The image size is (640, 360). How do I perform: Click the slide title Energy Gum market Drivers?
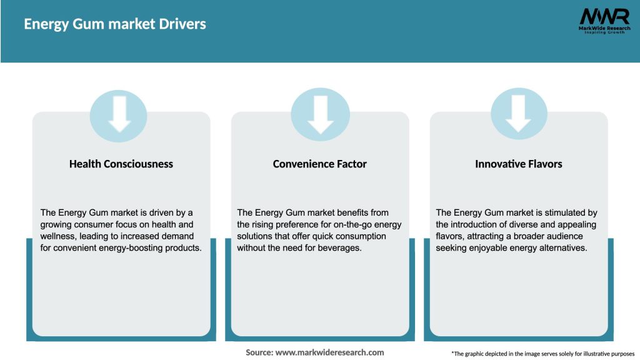tap(115, 24)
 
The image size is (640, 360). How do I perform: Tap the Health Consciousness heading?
tap(121, 164)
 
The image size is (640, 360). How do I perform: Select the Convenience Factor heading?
tap(320, 164)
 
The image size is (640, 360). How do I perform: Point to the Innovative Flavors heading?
tap(519, 164)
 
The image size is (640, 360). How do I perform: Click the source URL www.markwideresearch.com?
tap(330, 352)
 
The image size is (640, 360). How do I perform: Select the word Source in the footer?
tap(259, 352)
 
